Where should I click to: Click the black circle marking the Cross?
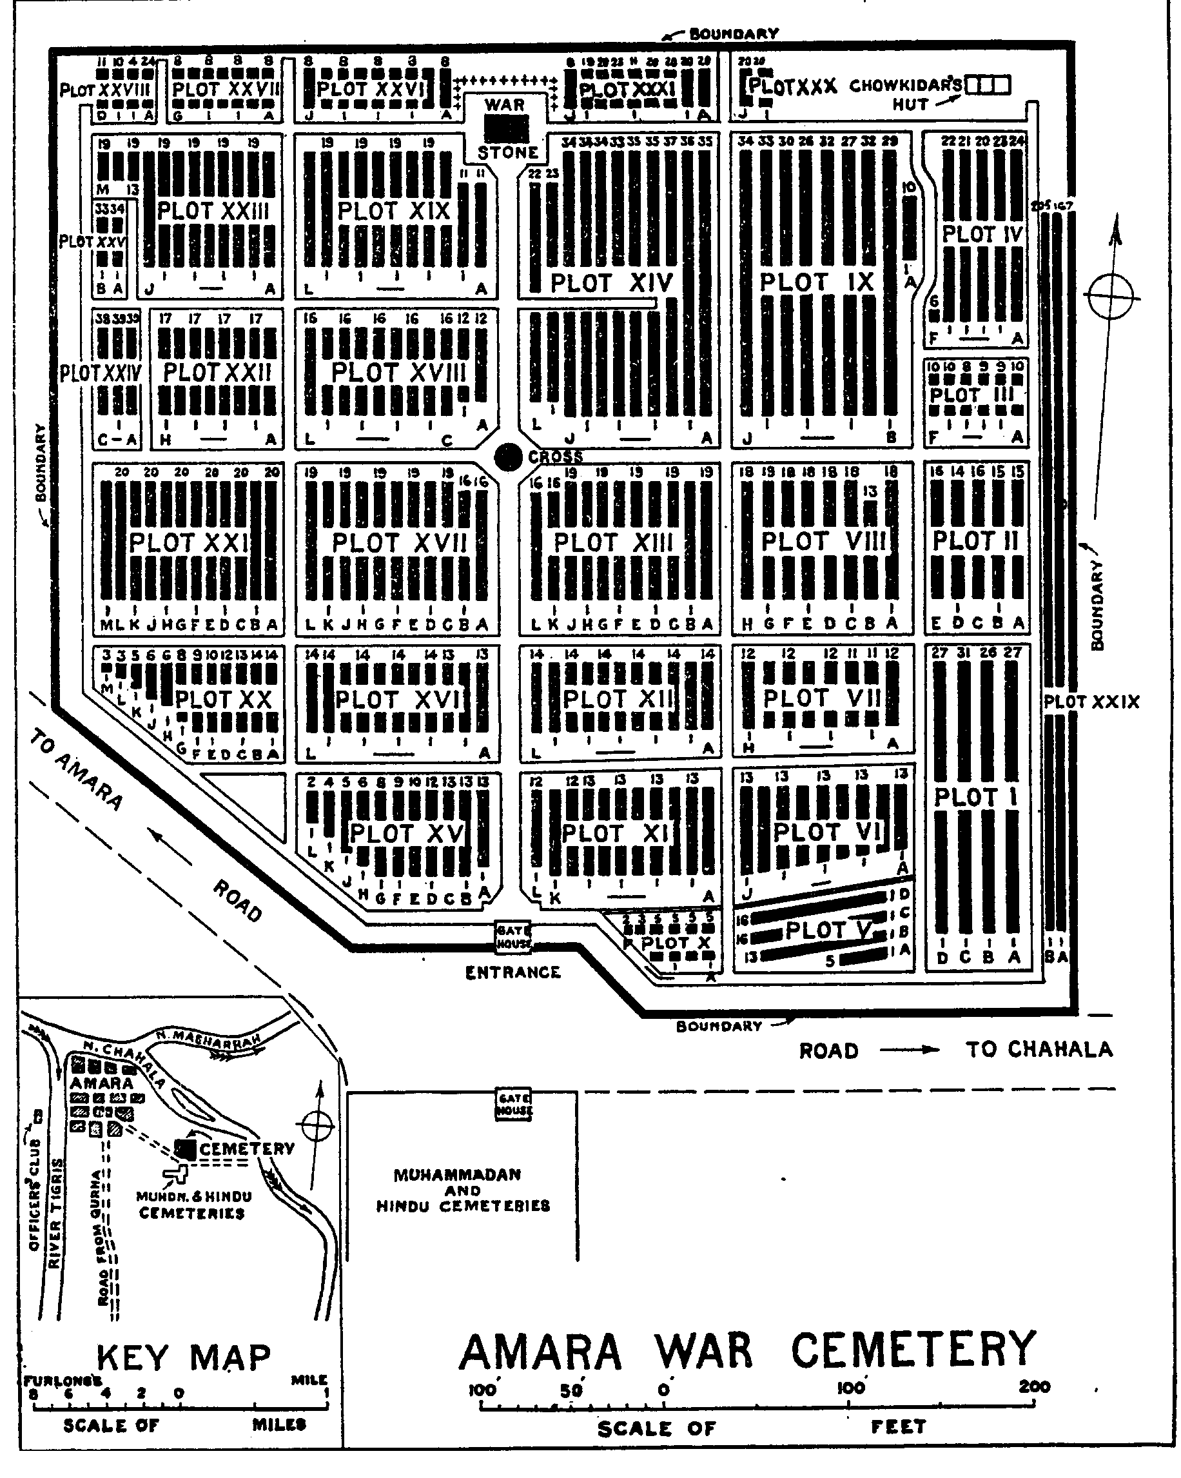click(x=508, y=457)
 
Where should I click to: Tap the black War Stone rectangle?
click(x=507, y=128)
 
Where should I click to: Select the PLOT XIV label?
click(x=611, y=282)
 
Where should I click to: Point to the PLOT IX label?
click(x=817, y=282)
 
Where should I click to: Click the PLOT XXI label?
click(x=188, y=542)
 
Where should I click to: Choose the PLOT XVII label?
click(x=399, y=543)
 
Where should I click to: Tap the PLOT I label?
click(x=976, y=797)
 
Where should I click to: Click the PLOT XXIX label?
click(x=1091, y=702)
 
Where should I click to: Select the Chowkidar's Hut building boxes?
click(x=988, y=85)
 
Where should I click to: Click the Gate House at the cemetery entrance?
click(x=513, y=936)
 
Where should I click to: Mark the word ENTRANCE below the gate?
click(x=512, y=972)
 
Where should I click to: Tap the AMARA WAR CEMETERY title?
click(x=747, y=1350)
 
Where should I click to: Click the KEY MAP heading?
click(x=183, y=1357)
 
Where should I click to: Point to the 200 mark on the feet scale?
click(x=1034, y=1387)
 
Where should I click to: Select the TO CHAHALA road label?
click(x=1039, y=1049)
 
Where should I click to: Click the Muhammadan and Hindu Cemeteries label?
click(x=463, y=1189)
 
